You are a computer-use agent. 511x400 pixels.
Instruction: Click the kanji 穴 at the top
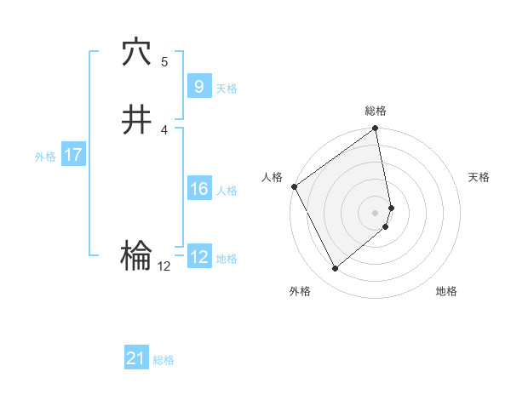click(136, 54)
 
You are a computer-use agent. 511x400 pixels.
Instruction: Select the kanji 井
click(136, 120)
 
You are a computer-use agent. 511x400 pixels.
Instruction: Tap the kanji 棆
click(136, 254)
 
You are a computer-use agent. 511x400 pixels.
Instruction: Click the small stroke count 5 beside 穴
click(164, 62)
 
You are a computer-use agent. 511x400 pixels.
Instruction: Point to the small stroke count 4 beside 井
click(164, 129)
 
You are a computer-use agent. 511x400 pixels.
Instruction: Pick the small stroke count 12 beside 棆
click(164, 266)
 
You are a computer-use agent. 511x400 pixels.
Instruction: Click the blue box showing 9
click(198, 86)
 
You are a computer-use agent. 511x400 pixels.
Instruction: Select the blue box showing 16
click(198, 189)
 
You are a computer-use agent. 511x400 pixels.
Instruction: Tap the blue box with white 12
click(198, 257)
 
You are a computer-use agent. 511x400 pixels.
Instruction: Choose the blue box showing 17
click(72, 156)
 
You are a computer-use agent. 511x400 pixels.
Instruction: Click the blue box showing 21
click(136, 358)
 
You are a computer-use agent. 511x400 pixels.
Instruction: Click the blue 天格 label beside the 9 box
click(227, 88)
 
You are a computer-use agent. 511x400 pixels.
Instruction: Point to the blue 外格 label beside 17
click(44, 157)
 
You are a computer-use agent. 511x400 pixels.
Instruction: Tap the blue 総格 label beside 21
click(164, 360)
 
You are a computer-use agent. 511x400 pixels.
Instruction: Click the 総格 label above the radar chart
click(376, 111)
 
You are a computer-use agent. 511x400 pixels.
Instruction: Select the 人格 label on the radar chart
click(273, 177)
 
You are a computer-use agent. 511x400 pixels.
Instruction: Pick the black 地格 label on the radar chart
click(446, 292)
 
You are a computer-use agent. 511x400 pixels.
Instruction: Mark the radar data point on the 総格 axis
click(376, 129)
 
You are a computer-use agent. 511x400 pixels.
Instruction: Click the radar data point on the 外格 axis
click(335, 268)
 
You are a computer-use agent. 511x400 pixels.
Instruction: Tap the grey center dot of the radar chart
click(376, 212)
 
